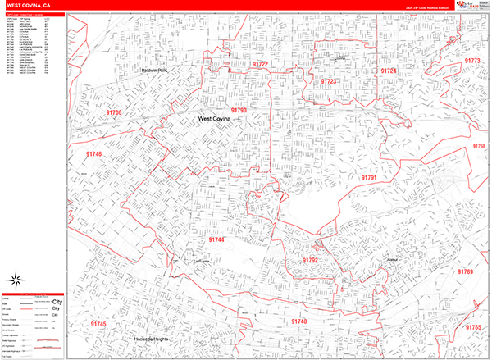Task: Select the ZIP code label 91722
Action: click(261, 64)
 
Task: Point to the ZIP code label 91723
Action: click(329, 82)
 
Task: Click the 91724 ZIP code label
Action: click(389, 71)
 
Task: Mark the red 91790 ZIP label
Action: click(239, 109)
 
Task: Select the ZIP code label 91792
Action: click(310, 260)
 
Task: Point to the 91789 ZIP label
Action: click(465, 271)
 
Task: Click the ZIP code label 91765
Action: click(473, 328)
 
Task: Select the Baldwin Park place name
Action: click(153, 71)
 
